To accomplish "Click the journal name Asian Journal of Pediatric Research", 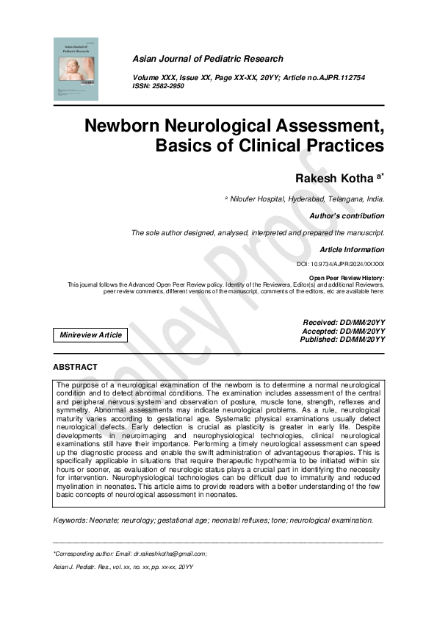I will click(208, 59).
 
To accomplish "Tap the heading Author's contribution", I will click(348, 216).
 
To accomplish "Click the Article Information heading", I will click(352, 250).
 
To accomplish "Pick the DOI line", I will click(341, 263).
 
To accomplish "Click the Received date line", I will click(344, 323).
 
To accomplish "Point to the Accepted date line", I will click(344, 331).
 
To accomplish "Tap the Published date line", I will click(343, 339).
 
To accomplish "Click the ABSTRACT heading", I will click(75, 367).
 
